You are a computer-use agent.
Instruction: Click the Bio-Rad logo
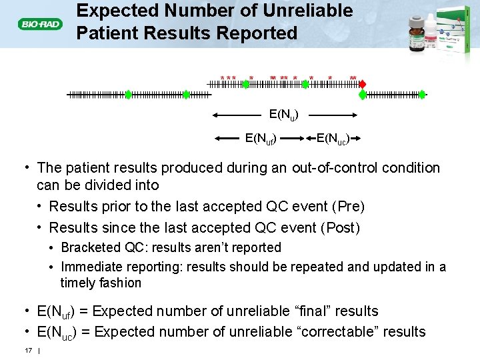pyautogui.click(x=40, y=25)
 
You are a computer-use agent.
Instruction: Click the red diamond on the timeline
pyautogui.click(x=363, y=85)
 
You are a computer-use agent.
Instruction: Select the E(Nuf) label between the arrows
pyautogui.click(x=261, y=139)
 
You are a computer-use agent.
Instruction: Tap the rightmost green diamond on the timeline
pyautogui.click(x=363, y=95)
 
